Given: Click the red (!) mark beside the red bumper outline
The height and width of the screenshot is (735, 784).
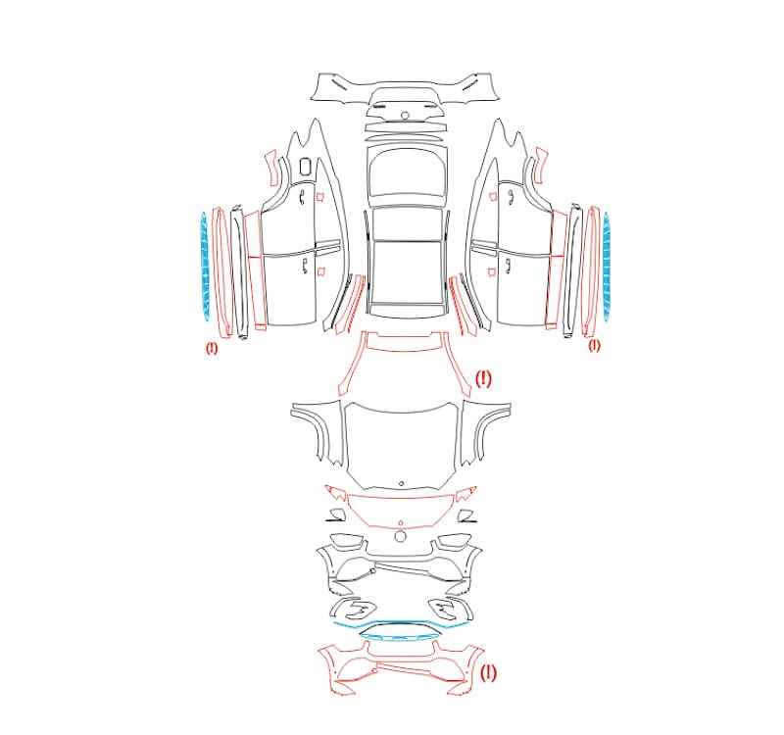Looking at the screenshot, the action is pos(488,672).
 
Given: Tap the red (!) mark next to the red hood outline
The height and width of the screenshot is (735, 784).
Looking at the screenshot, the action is pos(483,378).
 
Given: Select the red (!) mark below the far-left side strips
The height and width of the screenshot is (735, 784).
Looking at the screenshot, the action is pos(212,348).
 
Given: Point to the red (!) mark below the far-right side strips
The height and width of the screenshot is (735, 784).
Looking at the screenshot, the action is pos(594,345).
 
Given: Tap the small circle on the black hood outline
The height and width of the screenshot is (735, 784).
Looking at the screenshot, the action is pos(401,483).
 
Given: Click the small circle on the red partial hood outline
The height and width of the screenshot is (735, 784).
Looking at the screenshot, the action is pos(401,523).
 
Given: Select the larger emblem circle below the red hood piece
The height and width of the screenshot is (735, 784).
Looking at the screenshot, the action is pos(400,536).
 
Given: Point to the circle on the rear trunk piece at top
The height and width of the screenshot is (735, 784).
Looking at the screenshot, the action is pos(405,116).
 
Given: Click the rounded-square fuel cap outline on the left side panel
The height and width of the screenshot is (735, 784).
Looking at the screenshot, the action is pos(305,167).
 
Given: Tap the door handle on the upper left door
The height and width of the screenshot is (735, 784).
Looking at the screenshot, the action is pos(302,199).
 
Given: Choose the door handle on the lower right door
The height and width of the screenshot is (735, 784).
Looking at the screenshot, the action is pos(508,266).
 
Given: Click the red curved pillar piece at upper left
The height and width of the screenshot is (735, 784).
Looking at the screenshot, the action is pos(272,168).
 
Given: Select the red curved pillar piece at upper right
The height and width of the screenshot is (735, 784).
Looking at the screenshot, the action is pos(541,166).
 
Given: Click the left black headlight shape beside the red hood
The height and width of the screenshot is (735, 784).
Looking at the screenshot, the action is pos(336,515).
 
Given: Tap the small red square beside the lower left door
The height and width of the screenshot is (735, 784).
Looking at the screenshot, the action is pos(321,271).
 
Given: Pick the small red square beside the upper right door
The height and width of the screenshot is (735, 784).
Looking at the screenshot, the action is pos(493,195).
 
